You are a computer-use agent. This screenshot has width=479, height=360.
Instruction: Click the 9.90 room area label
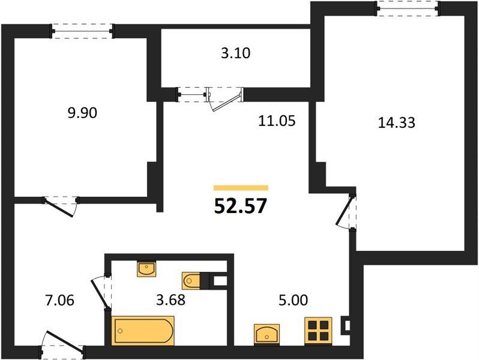[82, 113]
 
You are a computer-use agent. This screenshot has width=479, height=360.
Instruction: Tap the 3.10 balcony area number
[235, 53]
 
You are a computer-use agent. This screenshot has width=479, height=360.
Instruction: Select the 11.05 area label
[277, 121]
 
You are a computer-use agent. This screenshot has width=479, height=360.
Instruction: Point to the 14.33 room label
[397, 123]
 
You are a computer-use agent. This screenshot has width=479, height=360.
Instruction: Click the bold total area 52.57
[241, 206]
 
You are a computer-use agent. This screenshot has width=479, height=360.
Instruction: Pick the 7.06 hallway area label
[59, 301]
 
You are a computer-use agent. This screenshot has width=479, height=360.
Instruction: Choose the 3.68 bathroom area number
[170, 300]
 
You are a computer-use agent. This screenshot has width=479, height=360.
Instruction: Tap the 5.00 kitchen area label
[294, 300]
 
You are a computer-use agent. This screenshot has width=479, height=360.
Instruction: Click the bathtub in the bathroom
[143, 331]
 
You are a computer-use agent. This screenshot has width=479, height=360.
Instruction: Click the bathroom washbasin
[146, 268]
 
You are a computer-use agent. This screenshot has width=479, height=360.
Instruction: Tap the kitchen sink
[267, 334]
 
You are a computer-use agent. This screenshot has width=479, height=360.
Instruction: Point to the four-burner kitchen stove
[318, 331]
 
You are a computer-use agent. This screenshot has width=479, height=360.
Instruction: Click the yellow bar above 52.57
[241, 188]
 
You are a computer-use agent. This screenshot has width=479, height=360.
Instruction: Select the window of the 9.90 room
[82, 31]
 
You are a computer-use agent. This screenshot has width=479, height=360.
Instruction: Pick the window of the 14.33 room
[408, 8]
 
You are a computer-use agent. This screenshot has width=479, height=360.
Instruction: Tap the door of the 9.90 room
[60, 206]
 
